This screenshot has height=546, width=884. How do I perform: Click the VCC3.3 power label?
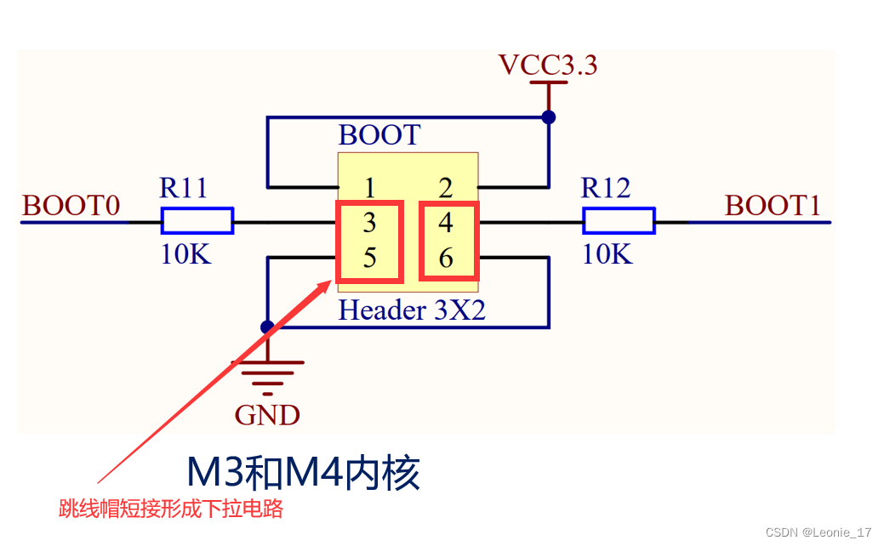(x=547, y=65)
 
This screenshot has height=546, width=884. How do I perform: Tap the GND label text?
(x=267, y=415)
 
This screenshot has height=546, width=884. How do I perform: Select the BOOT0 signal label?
(x=71, y=206)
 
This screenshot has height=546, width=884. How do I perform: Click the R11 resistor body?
(x=197, y=222)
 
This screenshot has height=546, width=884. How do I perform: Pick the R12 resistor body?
(x=619, y=222)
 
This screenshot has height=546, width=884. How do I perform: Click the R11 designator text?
(x=183, y=188)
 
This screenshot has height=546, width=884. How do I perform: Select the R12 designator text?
(x=605, y=188)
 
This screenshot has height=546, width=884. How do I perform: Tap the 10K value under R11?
(x=185, y=254)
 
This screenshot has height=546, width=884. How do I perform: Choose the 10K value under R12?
(x=607, y=254)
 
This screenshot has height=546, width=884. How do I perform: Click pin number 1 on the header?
(x=369, y=188)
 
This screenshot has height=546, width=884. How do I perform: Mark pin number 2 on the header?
(x=446, y=188)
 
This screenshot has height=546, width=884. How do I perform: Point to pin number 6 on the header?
(x=446, y=258)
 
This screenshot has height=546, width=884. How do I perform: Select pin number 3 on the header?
(x=369, y=223)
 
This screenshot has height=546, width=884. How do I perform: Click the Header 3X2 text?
(x=412, y=310)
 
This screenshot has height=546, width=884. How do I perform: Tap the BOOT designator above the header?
(x=379, y=135)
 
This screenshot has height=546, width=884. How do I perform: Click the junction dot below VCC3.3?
(x=549, y=117)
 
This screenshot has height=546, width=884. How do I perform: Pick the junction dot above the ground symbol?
(x=267, y=327)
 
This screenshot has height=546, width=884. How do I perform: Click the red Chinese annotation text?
(x=170, y=509)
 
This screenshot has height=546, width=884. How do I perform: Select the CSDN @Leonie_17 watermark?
(x=818, y=532)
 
